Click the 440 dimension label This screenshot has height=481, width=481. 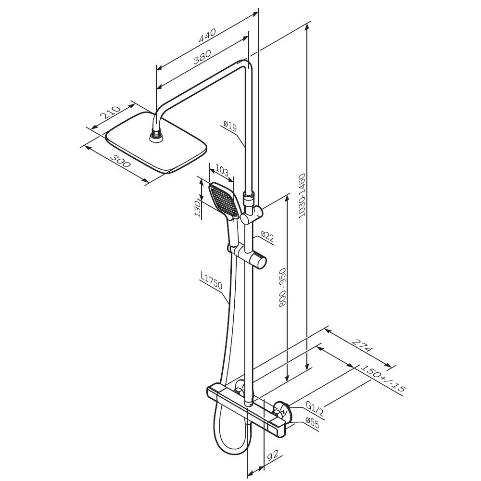coord(208,36)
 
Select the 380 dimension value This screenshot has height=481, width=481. coord(202,57)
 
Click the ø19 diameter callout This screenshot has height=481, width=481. coord(231,127)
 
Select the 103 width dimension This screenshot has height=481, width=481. coord(222,171)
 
